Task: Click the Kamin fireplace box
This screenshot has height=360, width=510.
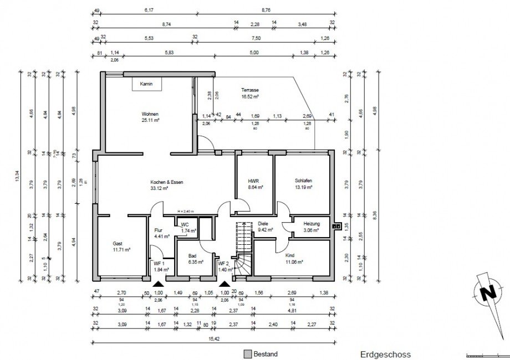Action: pos(146,84)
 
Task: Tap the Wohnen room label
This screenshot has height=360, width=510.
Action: pos(150,113)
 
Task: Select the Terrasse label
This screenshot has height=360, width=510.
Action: pos(250,90)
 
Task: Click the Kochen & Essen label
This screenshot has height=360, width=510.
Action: pos(166,182)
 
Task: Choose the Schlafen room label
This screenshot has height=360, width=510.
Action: pos(303,181)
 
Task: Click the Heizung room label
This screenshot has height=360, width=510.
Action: pos(311,224)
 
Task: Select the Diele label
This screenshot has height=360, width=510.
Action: pos(263,224)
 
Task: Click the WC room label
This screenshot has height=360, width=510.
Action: pos(184,224)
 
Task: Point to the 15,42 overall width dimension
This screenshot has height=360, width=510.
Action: pos(213,339)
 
